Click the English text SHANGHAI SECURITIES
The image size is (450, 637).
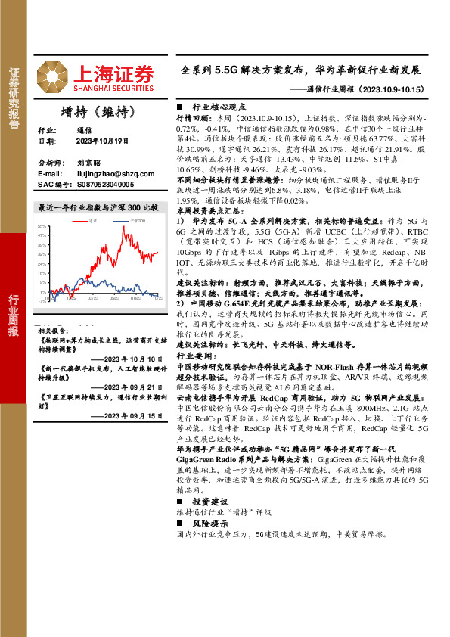click(115, 85)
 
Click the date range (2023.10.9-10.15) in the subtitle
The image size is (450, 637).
click(390, 89)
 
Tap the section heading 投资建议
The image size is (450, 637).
click(211, 502)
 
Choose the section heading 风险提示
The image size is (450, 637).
click(211, 523)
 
